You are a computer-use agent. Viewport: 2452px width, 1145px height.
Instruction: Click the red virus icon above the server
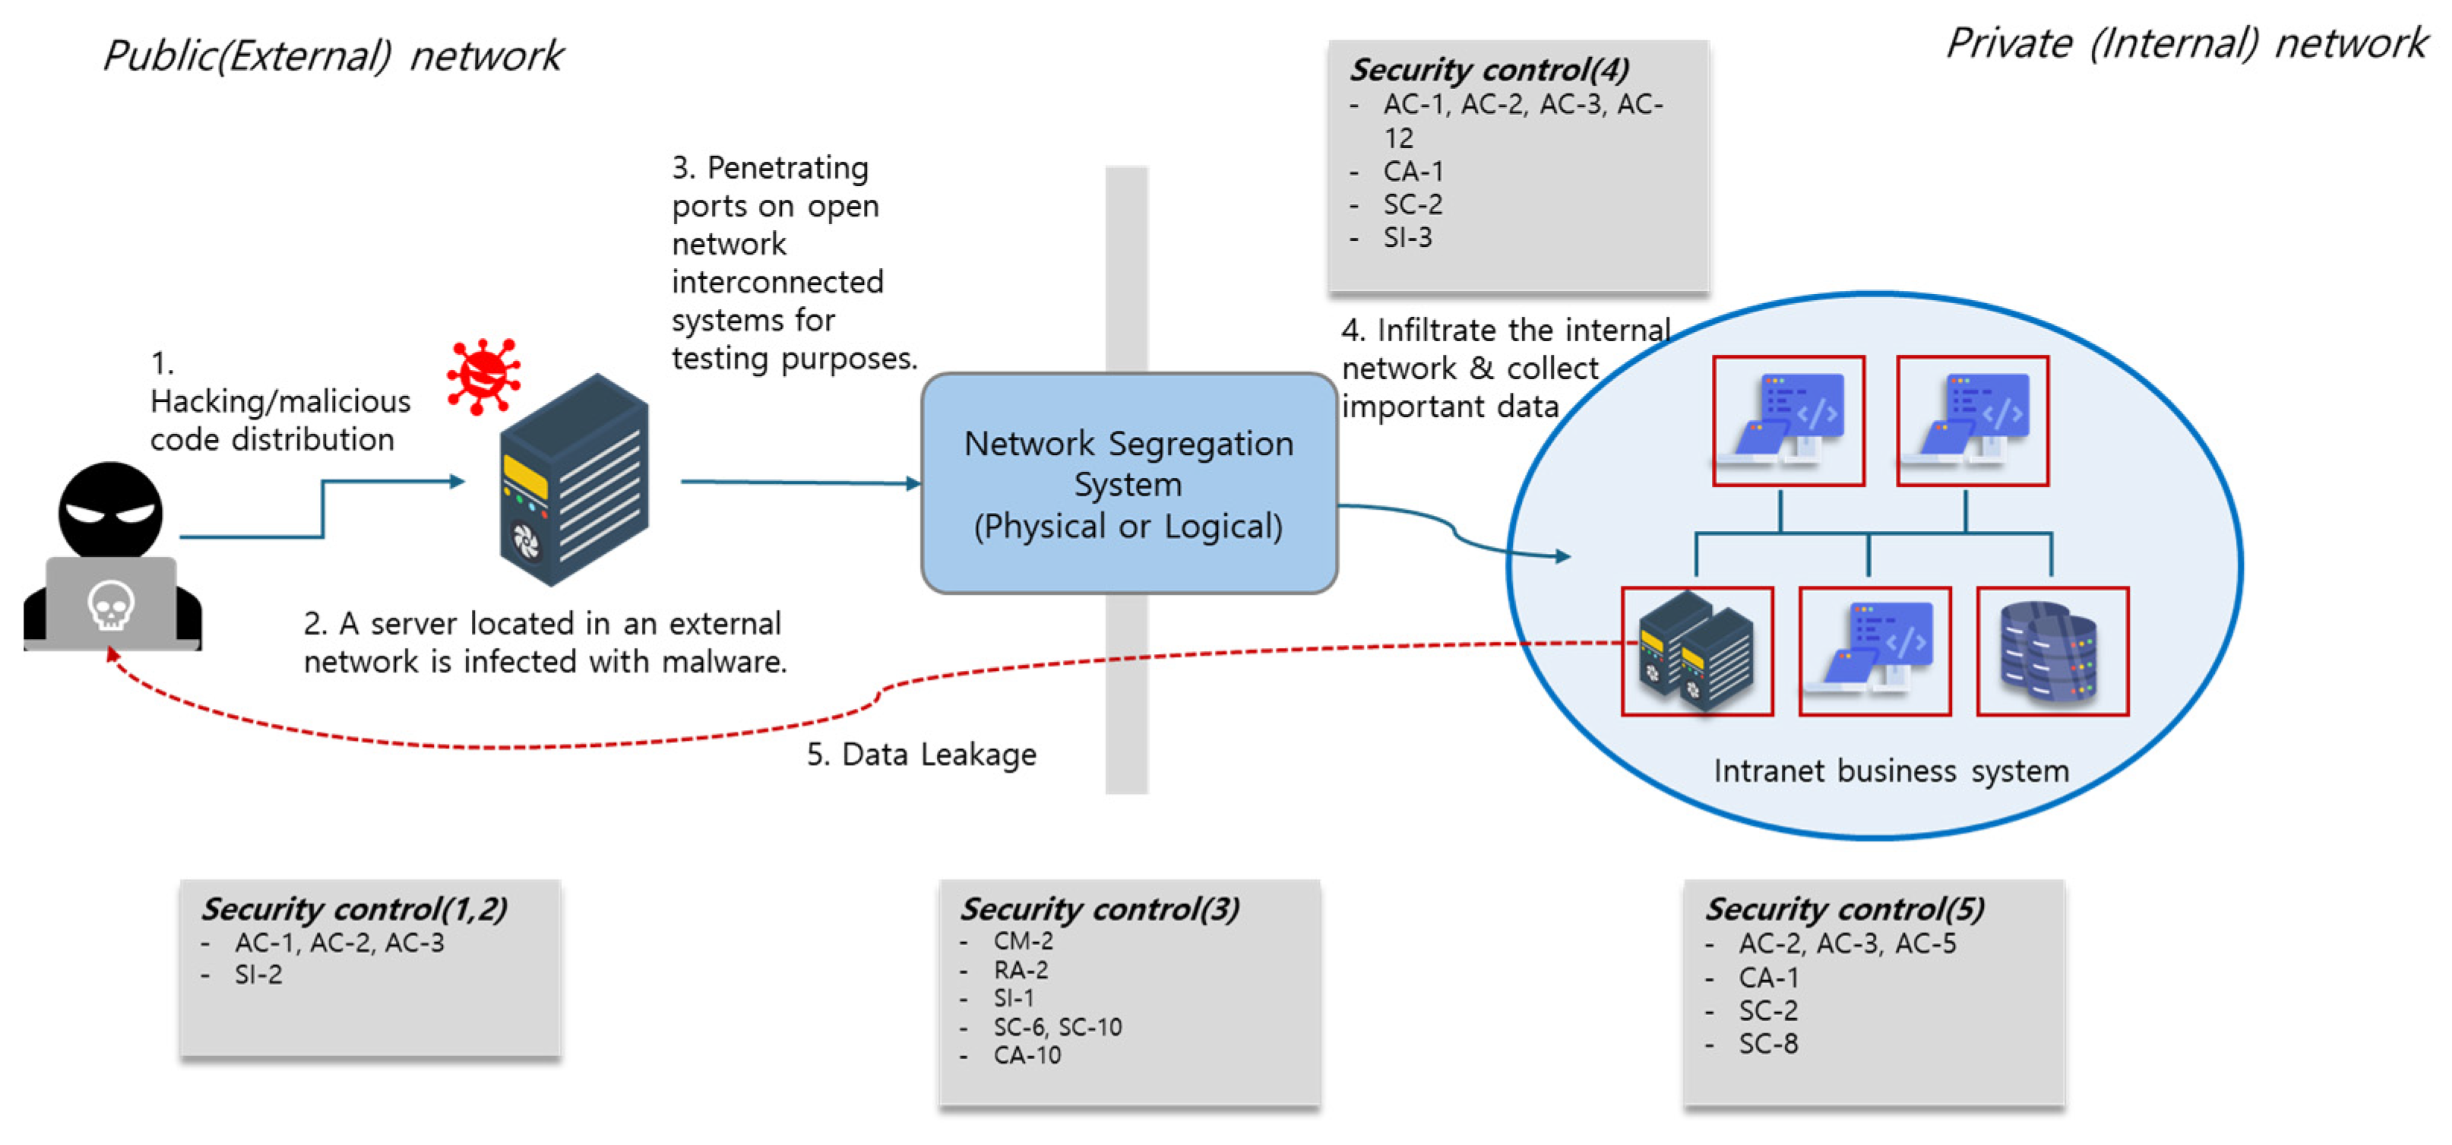click(483, 376)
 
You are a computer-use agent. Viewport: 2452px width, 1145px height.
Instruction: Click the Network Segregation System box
click(1129, 483)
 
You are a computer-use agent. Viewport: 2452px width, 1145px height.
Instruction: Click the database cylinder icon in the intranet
click(2052, 652)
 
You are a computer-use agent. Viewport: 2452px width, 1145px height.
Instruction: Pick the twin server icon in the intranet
click(1696, 652)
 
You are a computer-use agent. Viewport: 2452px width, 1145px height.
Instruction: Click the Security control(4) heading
click(1490, 69)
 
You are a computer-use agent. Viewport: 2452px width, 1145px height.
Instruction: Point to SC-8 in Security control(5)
click(1767, 1044)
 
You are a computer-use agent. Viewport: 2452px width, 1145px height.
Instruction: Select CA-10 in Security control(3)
click(1026, 1055)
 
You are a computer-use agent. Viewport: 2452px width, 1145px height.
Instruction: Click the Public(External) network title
click(333, 55)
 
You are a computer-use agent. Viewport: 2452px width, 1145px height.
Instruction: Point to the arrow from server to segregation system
click(799, 482)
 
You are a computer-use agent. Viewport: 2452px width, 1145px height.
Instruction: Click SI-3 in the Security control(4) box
click(1407, 237)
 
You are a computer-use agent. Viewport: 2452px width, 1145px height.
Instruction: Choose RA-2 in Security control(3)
click(1020, 970)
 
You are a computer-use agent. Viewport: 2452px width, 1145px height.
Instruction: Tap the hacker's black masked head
click(110, 511)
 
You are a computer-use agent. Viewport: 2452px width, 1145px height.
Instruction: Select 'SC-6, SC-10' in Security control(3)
click(1057, 1027)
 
